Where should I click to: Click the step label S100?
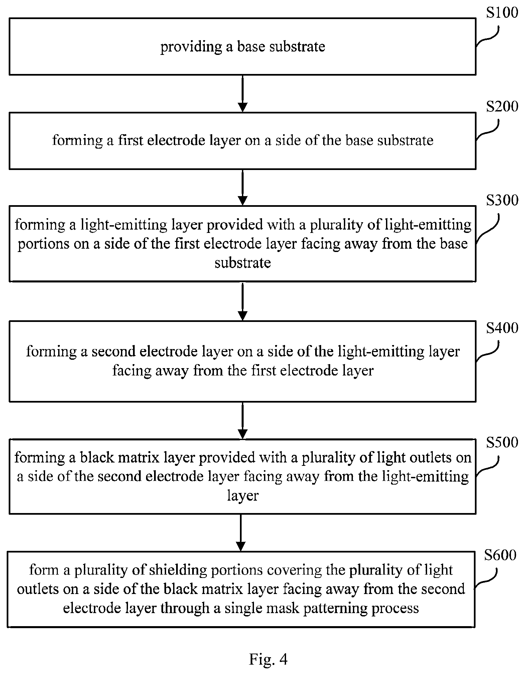pyautogui.click(x=502, y=13)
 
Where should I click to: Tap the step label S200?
pyautogui.click(x=502, y=106)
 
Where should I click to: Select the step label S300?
pyautogui.click(x=502, y=200)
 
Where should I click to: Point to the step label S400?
pyautogui.click(x=502, y=328)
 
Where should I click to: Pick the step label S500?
pyautogui.click(x=502, y=442)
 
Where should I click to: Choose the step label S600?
pyautogui.click(x=500, y=555)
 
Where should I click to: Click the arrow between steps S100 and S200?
pyautogui.click(x=243, y=94)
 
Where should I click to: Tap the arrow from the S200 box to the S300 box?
pyautogui.click(x=243, y=187)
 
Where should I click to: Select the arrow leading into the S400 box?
pyautogui.click(x=243, y=301)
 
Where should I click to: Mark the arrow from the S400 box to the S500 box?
pyautogui.click(x=243, y=421)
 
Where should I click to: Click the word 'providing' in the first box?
pyautogui.click(x=191, y=47)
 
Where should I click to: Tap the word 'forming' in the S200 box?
pyautogui.click(x=78, y=141)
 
